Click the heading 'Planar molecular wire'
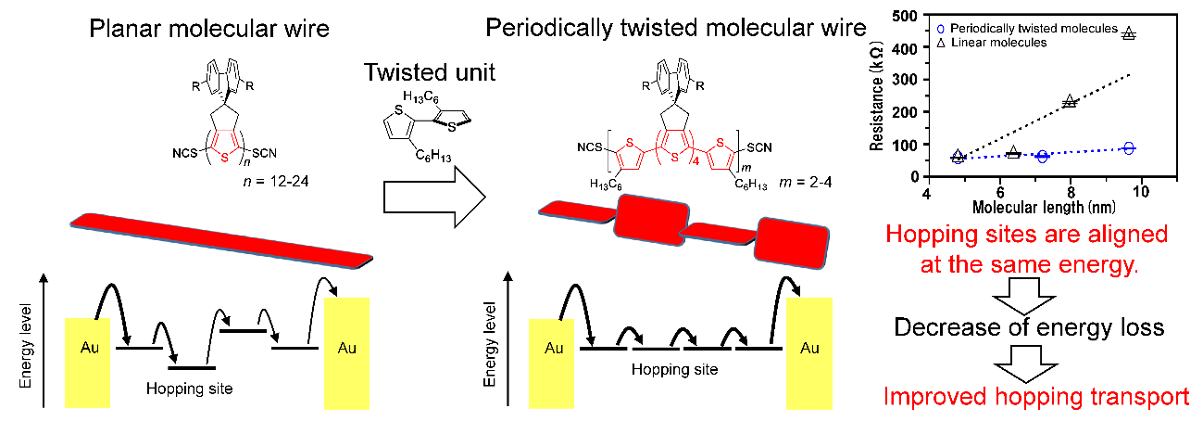pyautogui.click(x=208, y=29)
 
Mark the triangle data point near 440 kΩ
pyautogui.click(x=1128, y=34)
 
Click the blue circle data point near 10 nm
pyautogui.click(x=1128, y=148)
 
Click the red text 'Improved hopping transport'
pyautogui.click(x=1035, y=397)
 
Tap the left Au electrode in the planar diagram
pyautogui.click(x=88, y=362)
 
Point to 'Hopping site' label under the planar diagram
pyautogui.click(x=189, y=387)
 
